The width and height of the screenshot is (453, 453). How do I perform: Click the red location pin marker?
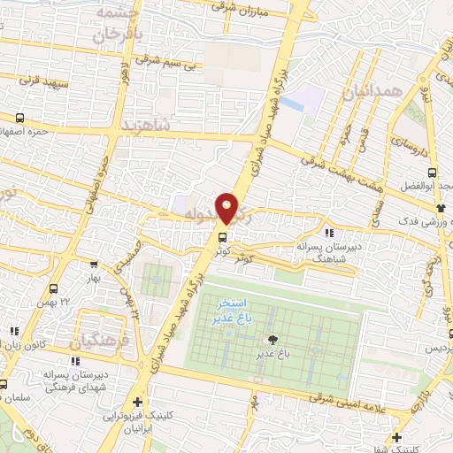pos(227,208)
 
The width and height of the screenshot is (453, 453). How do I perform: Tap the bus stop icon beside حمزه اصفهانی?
pos(19,118)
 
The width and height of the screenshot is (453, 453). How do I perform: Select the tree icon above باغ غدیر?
pos(272,340)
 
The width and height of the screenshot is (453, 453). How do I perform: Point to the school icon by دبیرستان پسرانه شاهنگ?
pos(329,234)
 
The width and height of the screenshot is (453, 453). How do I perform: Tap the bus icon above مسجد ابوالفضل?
pos(431,173)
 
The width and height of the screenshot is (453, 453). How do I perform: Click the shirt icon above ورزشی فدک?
pos(438,207)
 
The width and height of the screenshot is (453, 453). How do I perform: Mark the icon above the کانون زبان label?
pos(12,332)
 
